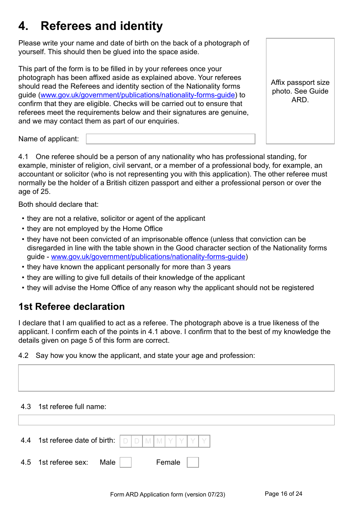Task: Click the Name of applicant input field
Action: point(171,139)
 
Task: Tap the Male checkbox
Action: point(125,462)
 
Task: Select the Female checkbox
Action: point(193,462)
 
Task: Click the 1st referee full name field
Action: point(176,420)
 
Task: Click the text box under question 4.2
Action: point(176,378)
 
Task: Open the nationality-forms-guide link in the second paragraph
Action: point(138,95)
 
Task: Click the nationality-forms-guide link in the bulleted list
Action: point(148,257)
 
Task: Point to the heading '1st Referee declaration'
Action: point(72,307)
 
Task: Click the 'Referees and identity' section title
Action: point(102,26)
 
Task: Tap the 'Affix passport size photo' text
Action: point(300,91)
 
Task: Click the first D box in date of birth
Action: point(126,441)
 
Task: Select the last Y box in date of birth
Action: point(204,441)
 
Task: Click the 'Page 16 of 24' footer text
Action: point(283,494)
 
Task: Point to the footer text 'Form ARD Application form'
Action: point(167,495)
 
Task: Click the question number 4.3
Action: point(26,407)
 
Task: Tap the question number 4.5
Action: point(26,462)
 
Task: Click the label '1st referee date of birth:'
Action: point(77,440)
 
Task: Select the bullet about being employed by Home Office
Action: point(95,229)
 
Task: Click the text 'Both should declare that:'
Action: point(58,205)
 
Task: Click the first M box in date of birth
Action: point(148,441)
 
